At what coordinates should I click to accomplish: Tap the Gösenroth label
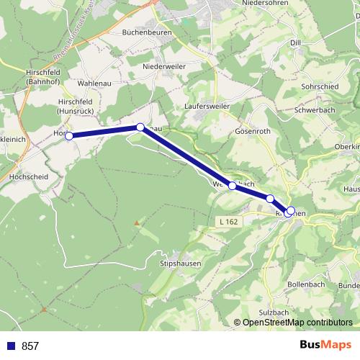point(253,132)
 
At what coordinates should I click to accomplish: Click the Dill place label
point(295,43)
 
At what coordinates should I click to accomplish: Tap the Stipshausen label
point(180,264)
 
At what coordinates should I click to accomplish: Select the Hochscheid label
point(28,176)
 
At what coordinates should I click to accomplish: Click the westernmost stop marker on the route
point(69,135)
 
